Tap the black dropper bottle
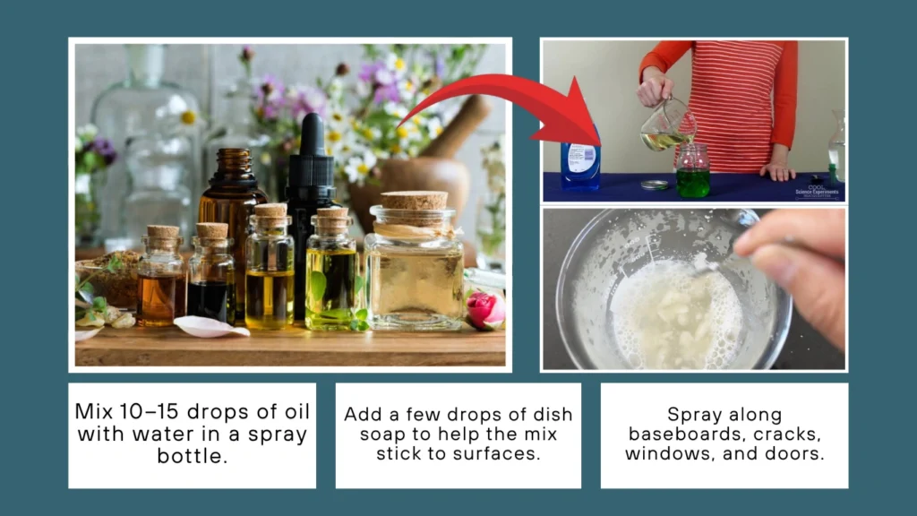[309, 206]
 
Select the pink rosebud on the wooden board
[484, 310]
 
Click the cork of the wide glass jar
[414, 201]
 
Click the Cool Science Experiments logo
[817, 189]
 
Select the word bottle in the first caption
[192, 457]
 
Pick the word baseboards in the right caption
[682, 434]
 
